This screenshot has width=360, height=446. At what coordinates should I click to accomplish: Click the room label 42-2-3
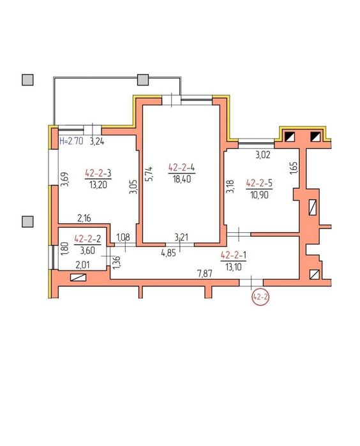[98, 173]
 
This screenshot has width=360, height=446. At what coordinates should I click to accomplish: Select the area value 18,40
[181, 179]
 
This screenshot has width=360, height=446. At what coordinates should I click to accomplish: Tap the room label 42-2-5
[259, 183]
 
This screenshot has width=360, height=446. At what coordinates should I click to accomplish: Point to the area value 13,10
[234, 267]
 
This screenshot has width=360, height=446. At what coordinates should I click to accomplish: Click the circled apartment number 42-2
[260, 297]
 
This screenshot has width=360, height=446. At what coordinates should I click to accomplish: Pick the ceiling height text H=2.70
[71, 141]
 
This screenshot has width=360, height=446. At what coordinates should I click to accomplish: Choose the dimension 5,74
[150, 174]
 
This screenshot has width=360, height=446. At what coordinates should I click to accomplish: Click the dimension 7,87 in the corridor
[206, 274]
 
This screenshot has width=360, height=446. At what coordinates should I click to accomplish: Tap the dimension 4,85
[169, 253]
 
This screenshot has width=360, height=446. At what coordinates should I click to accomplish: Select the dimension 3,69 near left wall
[65, 179]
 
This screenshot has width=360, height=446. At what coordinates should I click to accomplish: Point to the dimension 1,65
[294, 168]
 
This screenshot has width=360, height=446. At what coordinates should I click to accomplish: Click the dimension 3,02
[263, 155]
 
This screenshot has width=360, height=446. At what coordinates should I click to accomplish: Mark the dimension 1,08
[124, 237]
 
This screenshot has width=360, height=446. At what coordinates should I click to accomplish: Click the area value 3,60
[87, 251]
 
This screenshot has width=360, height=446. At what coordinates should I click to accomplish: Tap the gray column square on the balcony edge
[143, 80]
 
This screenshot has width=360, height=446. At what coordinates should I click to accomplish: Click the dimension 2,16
[84, 218]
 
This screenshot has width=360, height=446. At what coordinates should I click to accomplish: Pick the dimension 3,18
[230, 186]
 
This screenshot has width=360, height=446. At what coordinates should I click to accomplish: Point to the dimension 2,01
[82, 265]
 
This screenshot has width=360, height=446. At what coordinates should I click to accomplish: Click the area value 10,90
[260, 195]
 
